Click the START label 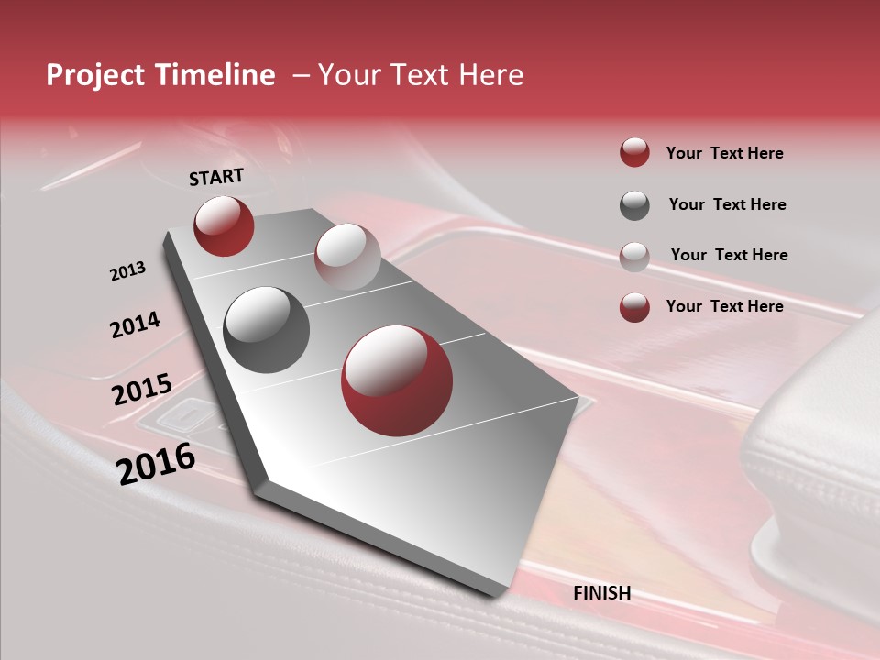[216, 177]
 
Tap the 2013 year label [127, 271]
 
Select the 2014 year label [135, 324]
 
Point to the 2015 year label [142, 390]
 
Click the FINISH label [601, 593]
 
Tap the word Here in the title [490, 75]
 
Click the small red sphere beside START [224, 225]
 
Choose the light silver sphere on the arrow [347, 256]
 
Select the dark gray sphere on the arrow [267, 329]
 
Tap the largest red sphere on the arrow [397, 380]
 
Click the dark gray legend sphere [634, 205]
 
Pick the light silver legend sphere [634, 256]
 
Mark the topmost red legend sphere [634, 153]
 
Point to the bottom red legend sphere [634, 307]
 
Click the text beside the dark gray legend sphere [727, 204]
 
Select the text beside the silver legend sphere [729, 255]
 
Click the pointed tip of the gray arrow [498, 596]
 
